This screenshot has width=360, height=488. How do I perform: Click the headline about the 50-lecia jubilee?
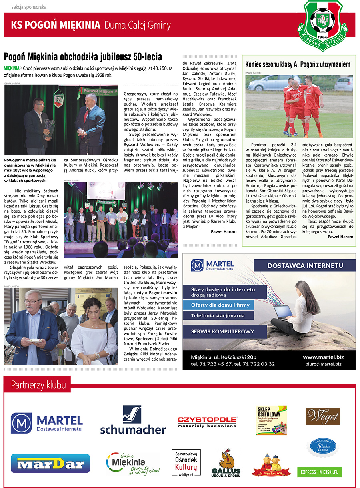83,56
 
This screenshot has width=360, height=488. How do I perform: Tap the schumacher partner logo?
133,420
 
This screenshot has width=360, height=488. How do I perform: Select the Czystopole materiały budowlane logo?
207,422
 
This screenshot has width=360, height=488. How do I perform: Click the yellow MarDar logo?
50,464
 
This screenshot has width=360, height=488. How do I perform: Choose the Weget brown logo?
322,416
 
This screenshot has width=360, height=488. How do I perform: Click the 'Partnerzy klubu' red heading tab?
38,385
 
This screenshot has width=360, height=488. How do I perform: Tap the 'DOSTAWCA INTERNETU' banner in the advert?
305,265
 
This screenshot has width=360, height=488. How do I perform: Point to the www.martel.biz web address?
323,357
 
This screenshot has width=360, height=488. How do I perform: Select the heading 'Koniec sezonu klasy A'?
298,64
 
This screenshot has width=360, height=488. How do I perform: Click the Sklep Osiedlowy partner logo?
272,420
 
